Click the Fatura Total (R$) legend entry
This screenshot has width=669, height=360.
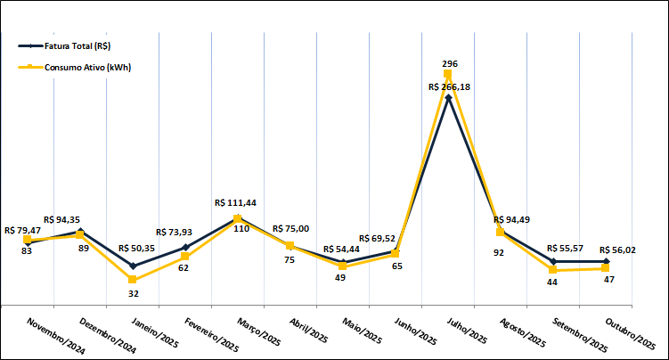75,45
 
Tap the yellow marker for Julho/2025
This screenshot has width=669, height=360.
448,74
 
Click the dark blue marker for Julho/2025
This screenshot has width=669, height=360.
448,97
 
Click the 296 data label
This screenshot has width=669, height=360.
450,64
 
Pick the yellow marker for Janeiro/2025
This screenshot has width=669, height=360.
133,280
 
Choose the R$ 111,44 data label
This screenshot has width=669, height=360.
237,203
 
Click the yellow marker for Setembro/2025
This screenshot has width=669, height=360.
553,270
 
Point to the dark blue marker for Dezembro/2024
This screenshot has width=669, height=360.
80,232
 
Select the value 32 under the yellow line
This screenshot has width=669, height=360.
134,293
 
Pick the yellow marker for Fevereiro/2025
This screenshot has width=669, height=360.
185,257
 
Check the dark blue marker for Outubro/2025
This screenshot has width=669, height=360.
606,261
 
